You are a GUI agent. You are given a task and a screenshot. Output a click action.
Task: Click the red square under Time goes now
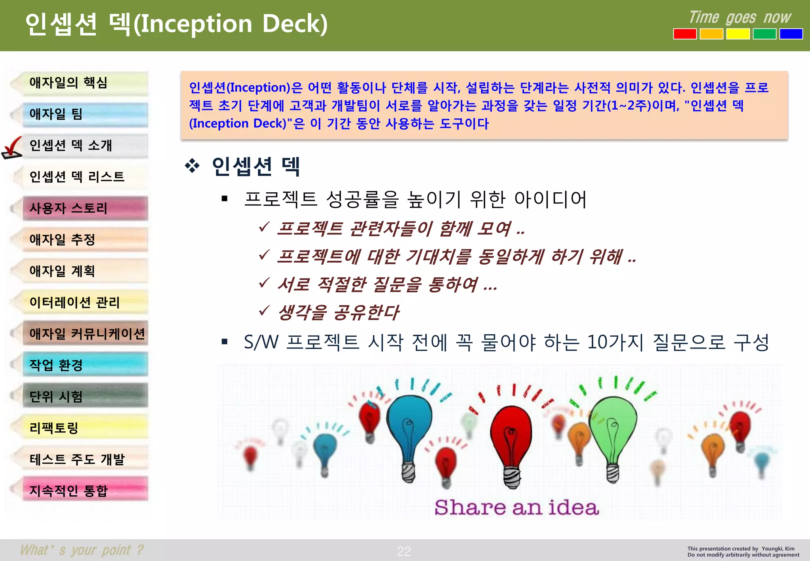point(685,34)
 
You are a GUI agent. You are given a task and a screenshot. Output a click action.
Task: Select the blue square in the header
point(791,34)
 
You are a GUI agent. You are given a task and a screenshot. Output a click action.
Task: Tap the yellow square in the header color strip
point(738,34)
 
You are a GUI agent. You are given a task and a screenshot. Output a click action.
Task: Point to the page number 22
point(404,551)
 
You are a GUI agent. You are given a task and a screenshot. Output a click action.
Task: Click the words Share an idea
point(516,508)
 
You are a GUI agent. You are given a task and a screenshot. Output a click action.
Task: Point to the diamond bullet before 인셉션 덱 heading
point(192,166)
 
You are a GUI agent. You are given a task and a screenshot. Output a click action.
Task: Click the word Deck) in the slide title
point(295,24)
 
